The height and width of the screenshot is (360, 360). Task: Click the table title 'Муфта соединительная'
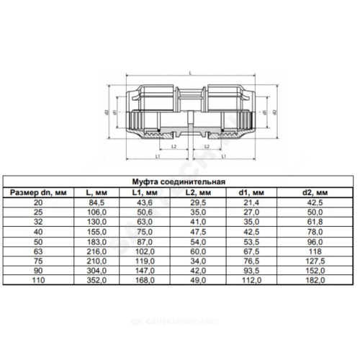pyautogui.click(x=179, y=181)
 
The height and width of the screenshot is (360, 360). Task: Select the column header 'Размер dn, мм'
pyautogui.click(x=38, y=192)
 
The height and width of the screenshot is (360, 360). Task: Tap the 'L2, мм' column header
pyautogui.click(x=198, y=192)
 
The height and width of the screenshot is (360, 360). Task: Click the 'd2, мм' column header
pyautogui.click(x=315, y=192)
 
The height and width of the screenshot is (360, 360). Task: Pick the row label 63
pyautogui.click(x=38, y=251)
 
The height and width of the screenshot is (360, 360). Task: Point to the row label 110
pyautogui.click(x=38, y=280)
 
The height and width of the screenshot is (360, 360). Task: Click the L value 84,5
pyautogui.click(x=96, y=202)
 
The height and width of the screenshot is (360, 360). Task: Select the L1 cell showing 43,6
pyautogui.click(x=145, y=202)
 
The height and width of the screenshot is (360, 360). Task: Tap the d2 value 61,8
pyautogui.click(x=315, y=222)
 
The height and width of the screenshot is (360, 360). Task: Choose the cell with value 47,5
pyautogui.click(x=198, y=232)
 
